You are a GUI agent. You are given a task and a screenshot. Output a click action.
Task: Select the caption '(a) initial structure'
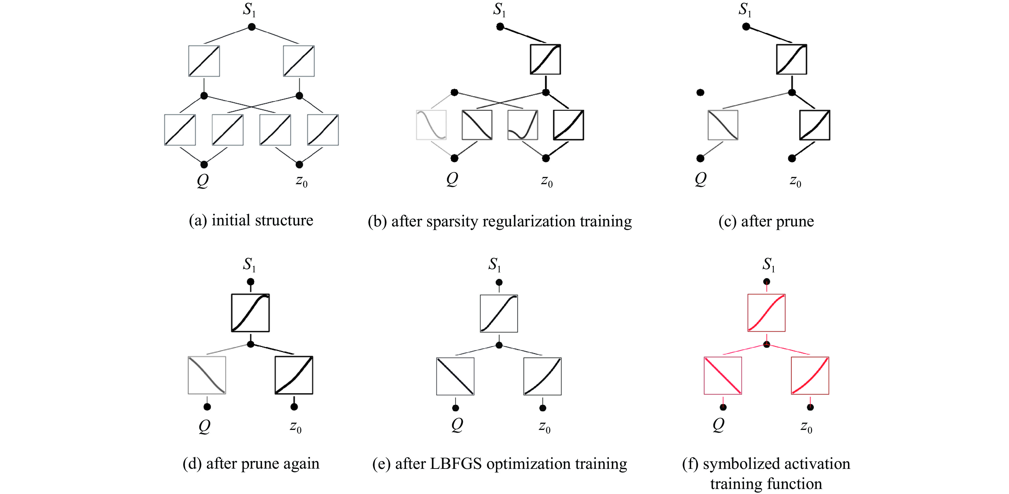click(251, 221)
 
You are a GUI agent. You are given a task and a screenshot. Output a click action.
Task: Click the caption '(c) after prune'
click(766, 222)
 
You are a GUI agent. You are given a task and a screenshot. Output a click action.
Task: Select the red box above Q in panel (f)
click(723, 375)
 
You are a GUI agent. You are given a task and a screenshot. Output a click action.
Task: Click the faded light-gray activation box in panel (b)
click(431, 125)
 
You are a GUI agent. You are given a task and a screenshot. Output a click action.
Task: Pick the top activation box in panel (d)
click(250, 313)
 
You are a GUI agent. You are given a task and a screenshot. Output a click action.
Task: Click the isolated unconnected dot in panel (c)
click(700, 92)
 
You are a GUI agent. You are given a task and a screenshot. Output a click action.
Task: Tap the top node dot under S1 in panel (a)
click(252, 27)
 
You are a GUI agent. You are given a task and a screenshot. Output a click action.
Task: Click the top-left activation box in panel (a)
click(204, 61)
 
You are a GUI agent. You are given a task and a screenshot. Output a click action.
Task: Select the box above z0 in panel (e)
click(542, 376)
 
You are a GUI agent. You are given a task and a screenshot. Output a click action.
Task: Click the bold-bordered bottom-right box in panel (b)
click(568, 125)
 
